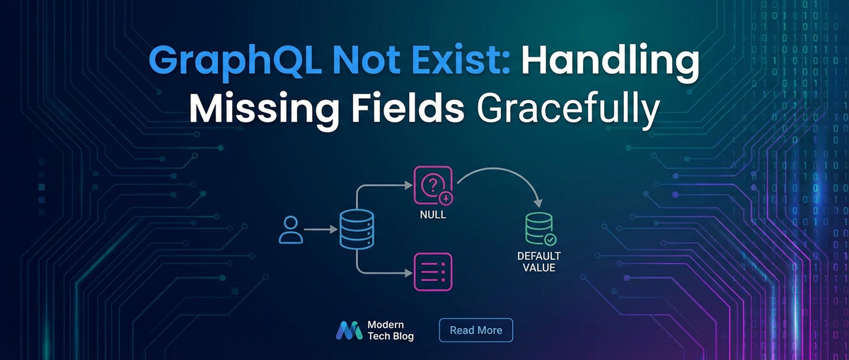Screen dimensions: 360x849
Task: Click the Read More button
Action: point(475,330)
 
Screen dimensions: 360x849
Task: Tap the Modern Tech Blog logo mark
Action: point(349,330)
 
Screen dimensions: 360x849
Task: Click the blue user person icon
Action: point(291,230)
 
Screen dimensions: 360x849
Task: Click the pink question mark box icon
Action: point(432,186)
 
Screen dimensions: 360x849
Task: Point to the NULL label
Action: point(432,214)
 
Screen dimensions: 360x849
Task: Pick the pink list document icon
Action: point(432,272)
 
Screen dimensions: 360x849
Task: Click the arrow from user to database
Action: point(322,230)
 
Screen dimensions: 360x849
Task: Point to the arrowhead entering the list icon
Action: point(408,273)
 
